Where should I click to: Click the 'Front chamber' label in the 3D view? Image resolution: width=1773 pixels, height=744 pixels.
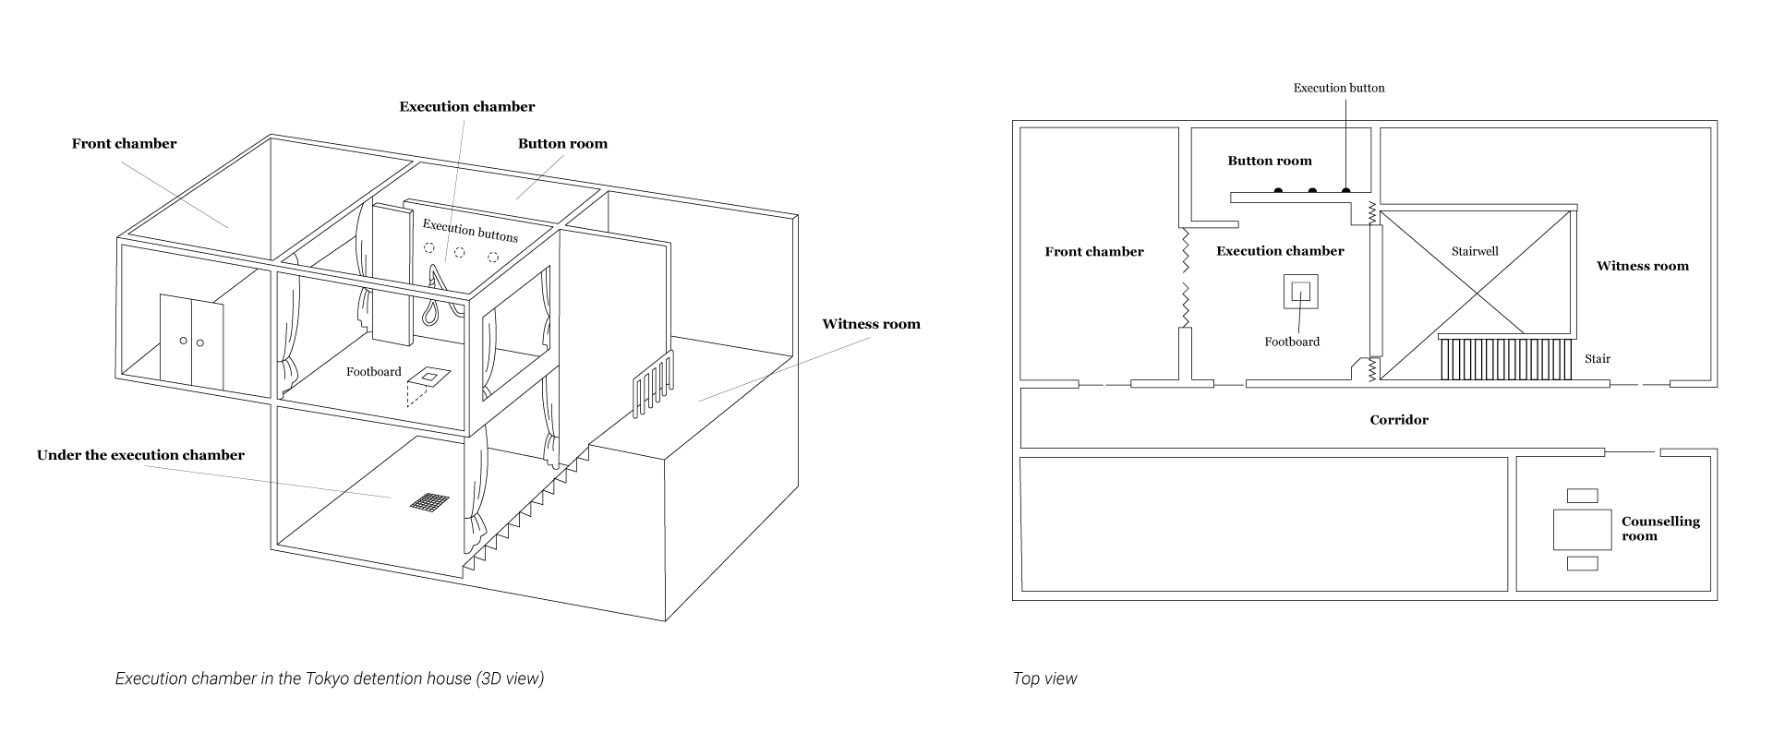pos(124,144)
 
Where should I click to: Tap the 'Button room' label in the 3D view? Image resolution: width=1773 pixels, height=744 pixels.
pos(562,144)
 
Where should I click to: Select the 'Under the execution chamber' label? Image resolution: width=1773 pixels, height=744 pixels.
pos(140,455)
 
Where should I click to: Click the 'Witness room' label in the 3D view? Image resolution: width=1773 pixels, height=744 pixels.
pos(871,324)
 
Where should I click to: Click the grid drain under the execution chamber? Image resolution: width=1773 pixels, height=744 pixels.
pos(429,501)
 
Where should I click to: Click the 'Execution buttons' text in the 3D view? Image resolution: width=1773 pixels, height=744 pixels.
pos(470,231)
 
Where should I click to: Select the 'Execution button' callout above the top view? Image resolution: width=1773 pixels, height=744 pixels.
pos(1339,89)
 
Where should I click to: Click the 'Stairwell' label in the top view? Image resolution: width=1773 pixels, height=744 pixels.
pos(1475,251)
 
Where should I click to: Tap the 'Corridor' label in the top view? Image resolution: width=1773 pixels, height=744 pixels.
pos(1399,420)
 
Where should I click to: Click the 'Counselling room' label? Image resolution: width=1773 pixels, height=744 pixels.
pos(1660,529)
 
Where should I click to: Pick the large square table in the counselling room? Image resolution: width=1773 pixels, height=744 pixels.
pos(1583,530)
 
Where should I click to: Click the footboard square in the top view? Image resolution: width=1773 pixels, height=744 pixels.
pos(1300,292)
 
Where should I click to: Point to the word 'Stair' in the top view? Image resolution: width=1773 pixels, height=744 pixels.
pos(1598,359)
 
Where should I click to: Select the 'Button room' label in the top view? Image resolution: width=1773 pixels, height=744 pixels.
pos(1270,161)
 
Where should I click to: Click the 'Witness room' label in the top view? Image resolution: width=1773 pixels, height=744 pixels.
pos(1643,266)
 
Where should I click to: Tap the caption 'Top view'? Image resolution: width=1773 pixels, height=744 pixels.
pos(1044,679)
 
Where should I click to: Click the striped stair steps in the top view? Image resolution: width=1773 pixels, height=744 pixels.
pos(1504,357)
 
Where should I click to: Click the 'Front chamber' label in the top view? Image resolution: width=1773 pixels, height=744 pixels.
pos(1094,251)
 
